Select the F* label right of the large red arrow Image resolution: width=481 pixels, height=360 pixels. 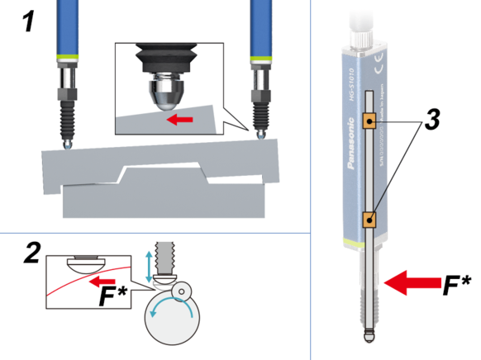pyautogui.click(x=456, y=286)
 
